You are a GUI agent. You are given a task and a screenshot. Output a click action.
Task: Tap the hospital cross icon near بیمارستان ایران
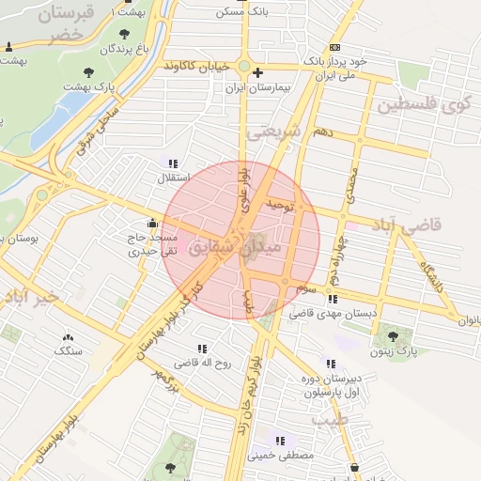tap(258, 72)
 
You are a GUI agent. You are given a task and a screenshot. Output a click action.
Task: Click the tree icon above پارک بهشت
tap(89, 71)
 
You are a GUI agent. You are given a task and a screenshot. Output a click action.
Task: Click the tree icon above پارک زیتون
tap(393, 336)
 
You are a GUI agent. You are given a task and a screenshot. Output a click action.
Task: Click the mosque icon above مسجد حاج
tap(152, 224)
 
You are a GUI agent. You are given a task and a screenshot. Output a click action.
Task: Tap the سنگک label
tap(68, 351)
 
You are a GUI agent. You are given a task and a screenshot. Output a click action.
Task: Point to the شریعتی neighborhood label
tap(273, 134)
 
